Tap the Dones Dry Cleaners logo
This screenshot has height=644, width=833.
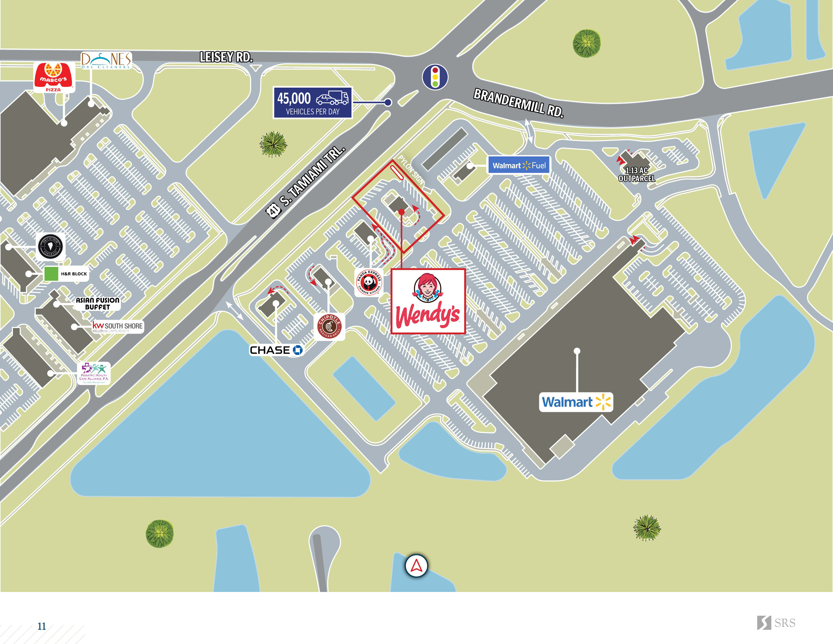coord(107,60)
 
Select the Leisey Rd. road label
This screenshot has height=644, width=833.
coord(226,57)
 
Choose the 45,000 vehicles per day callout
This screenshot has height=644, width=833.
coord(313,103)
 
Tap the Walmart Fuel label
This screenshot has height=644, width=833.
coord(519,165)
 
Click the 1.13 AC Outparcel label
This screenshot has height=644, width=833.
coord(637,174)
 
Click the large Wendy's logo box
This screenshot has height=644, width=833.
coord(428,301)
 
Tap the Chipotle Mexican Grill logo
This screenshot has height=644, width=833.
coord(329,327)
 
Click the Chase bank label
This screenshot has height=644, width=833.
coord(276,350)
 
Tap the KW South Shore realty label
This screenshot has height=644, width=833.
coord(117,327)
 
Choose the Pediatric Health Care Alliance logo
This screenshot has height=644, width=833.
coord(94,373)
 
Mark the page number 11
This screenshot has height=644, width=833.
coord(42,626)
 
